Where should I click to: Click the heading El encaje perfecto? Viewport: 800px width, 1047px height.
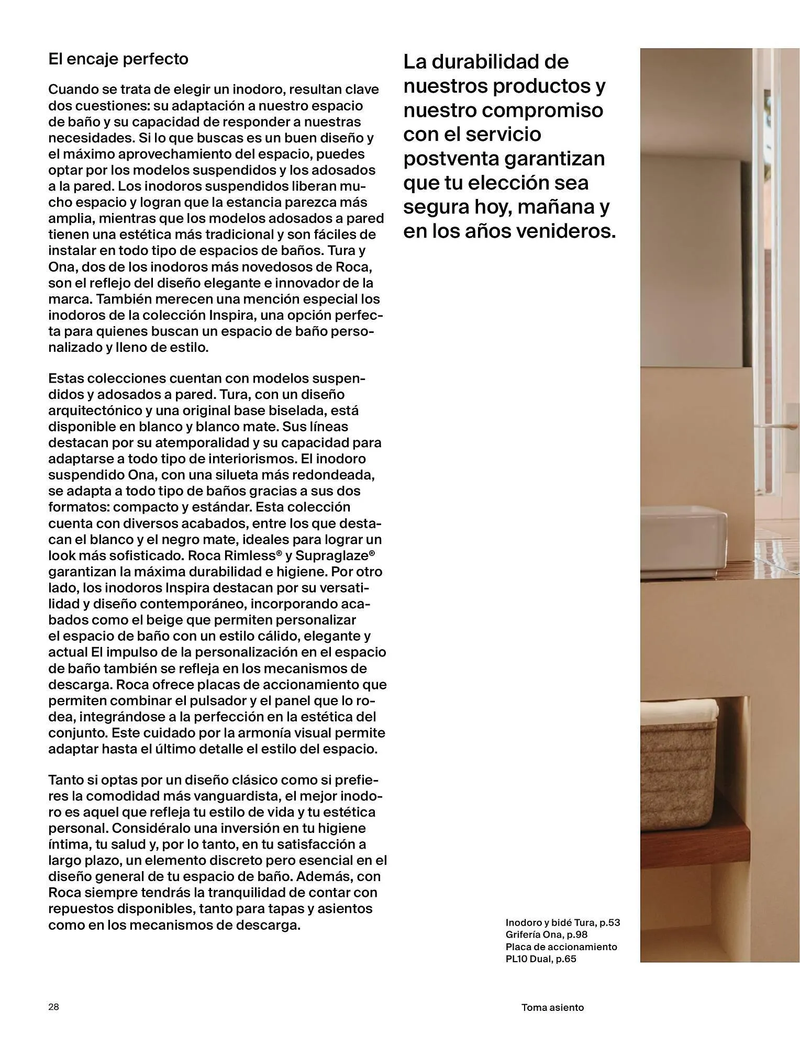coord(118,59)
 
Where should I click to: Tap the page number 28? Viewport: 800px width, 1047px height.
coord(53,1007)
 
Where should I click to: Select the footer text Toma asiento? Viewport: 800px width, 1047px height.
coord(552,1007)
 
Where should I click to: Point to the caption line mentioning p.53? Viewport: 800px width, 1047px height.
coord(562,922)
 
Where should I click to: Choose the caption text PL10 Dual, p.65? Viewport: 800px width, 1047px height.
coord(540,959)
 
